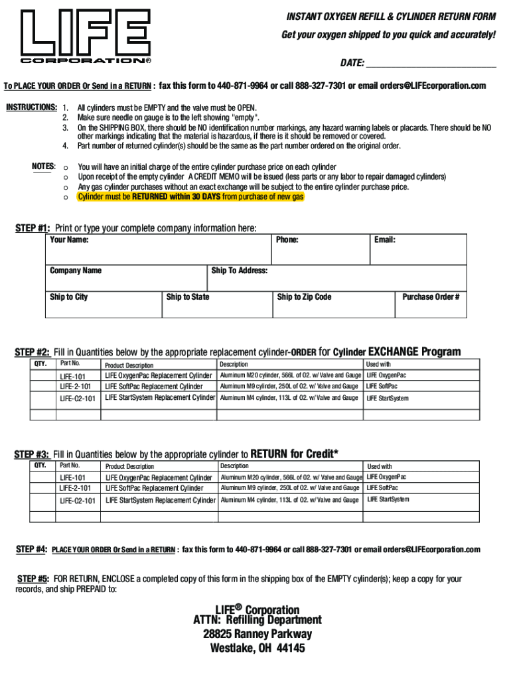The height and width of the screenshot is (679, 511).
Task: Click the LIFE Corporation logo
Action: [x=86, y=37]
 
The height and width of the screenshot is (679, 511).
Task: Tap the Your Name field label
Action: [x=69, y=240]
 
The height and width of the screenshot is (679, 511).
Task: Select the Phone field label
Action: [x=287, y=240]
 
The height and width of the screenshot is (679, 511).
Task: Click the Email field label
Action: [x=384, y=240]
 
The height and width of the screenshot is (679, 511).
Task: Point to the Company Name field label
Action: [x=76, y=271]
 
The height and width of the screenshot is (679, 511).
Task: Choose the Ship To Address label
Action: [x=240, y=271]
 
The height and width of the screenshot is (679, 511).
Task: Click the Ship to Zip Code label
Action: [x=304, y=297]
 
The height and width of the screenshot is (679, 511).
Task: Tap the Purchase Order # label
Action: [x=431, y=297]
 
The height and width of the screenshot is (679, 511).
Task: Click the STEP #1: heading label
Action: [x=33, y=228]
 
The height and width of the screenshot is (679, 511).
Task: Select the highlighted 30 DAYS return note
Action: [x=190, y=197]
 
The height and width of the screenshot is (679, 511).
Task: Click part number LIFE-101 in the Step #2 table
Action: [x=72, y=376]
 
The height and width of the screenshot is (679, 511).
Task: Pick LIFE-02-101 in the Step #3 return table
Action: [x=78, y=501]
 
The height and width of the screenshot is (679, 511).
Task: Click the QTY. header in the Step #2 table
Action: [x=40, y=364]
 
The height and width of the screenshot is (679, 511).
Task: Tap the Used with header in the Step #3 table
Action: [x=380, y=467]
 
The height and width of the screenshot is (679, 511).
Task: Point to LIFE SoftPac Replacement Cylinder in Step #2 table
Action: [x=154, y=387]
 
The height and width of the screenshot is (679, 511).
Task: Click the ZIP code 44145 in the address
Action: [x=291, y=648]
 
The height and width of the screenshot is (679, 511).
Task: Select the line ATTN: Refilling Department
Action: [x=257, y=620]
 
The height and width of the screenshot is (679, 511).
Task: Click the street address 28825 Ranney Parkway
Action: [x=257, y=634]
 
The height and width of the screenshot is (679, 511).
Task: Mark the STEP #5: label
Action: [x=33, y=579]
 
